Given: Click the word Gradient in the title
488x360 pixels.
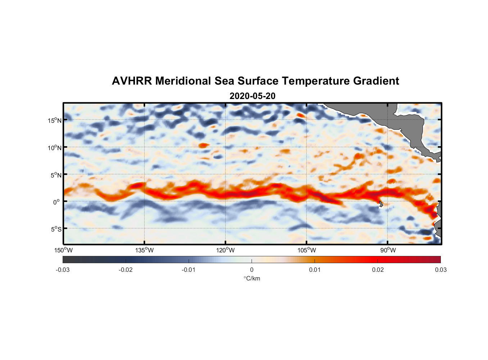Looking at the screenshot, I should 376,81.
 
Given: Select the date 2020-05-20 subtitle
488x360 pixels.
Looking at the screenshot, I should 252,96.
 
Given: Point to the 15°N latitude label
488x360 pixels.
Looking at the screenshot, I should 55,120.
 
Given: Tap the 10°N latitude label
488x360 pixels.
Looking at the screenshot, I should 55,148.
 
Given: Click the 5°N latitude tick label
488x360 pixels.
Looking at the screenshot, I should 56,175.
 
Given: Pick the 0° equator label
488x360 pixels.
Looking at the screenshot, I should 57,202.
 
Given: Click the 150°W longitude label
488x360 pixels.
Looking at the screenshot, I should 64,250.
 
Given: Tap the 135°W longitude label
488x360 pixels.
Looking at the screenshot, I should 145,250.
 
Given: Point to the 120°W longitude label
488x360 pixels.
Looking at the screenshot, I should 226,250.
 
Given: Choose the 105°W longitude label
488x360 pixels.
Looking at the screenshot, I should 307,250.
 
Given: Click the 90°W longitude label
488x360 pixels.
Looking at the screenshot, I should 388,250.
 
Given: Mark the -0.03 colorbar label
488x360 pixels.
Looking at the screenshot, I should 63,270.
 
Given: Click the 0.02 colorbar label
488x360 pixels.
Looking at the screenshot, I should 378,270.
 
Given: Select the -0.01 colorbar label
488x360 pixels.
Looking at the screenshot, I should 189,270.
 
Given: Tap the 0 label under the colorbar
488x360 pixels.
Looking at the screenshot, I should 252,270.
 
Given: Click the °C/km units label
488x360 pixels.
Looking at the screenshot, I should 252,278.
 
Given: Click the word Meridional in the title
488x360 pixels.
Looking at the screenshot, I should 184,81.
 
